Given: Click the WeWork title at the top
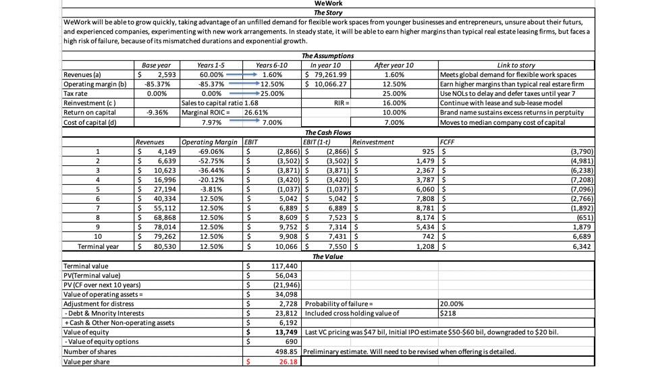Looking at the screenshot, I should click(329, 4).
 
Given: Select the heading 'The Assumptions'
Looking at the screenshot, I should click(328, 56).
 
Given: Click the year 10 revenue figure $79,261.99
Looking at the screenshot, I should click(327, 74).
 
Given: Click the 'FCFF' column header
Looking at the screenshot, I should click(448, 142).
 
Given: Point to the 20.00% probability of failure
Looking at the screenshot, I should click(449, 304).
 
